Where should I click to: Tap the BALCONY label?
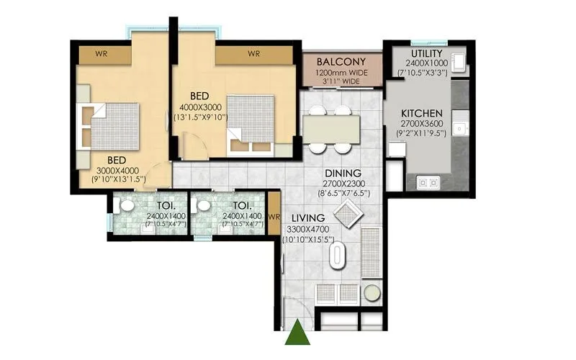[x=341, y=62]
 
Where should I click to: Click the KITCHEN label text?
[x=421, y=114]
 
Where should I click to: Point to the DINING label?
[x=338, y=173]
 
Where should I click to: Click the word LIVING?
[x=308, y=218]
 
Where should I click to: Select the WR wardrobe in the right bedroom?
[x=253, y=54]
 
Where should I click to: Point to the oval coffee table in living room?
[x=337, y=256]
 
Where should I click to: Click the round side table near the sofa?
[x=372, y=292]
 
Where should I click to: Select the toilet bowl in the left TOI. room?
[x=127, y=206]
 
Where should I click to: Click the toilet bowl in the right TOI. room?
[x=204, y=206]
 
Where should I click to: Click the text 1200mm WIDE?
[x=341, y=73]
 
